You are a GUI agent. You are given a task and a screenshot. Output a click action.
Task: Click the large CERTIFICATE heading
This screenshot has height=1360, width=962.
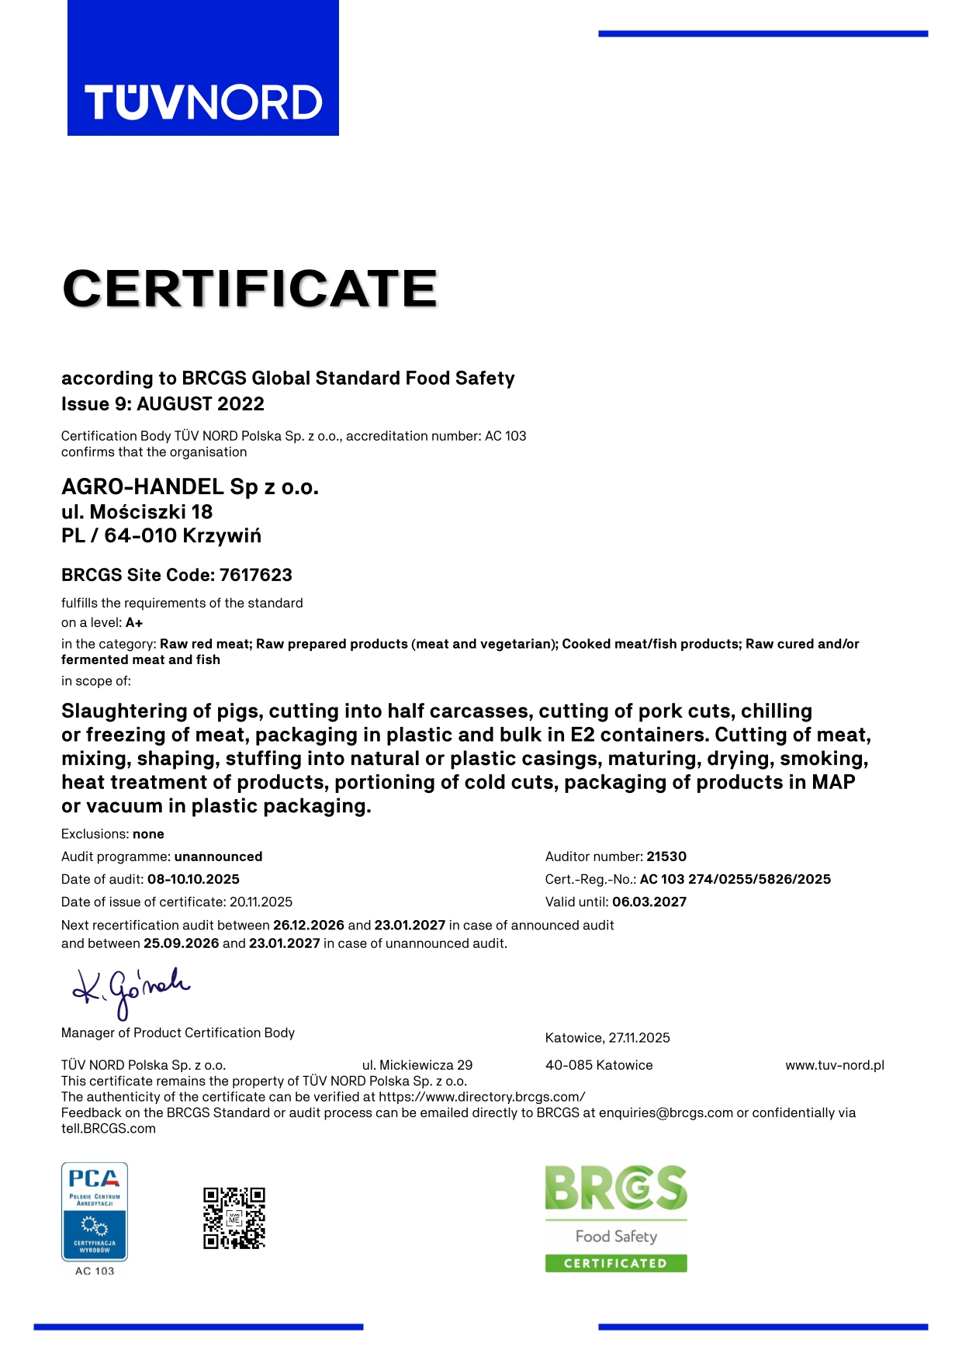250,289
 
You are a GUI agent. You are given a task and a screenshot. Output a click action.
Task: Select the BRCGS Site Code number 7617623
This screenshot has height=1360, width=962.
256,575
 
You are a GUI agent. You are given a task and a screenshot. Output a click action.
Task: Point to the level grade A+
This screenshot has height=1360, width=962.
134,623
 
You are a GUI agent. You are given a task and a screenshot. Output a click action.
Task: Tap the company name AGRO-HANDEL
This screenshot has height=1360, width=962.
143,486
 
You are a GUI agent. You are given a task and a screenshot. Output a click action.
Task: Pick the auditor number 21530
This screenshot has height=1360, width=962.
666,856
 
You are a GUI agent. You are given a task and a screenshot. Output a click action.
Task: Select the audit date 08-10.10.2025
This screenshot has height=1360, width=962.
193,879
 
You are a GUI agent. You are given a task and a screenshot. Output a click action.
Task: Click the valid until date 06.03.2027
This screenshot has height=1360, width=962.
649,901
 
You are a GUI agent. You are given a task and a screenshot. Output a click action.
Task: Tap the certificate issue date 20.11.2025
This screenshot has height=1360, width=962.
261,901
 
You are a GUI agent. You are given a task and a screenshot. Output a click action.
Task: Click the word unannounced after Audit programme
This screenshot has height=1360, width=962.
218,856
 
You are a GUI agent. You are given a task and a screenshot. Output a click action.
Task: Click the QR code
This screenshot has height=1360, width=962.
234,1218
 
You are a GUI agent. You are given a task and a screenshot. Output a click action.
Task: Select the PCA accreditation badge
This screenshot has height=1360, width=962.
95,1212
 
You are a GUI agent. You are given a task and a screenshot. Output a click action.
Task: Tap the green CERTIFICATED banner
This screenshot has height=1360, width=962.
616,1263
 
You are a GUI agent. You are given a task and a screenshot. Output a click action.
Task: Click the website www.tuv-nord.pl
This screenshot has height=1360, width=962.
835,1065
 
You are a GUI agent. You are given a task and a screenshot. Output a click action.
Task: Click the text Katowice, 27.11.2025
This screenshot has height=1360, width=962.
607,1038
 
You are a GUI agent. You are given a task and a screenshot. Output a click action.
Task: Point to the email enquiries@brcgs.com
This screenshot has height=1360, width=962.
666,1113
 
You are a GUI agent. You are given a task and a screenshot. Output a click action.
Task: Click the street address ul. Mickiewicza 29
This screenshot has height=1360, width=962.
417,1065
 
